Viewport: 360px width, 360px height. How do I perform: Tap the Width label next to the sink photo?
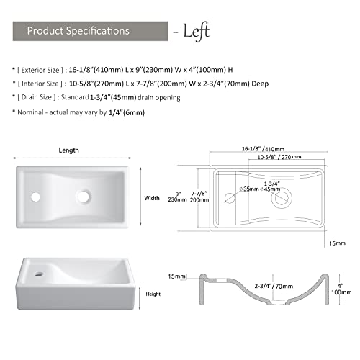pyautogui.click(x=152, y=197)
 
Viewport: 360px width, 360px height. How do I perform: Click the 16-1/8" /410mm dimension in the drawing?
pyautogui.click(x=262, y=148)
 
